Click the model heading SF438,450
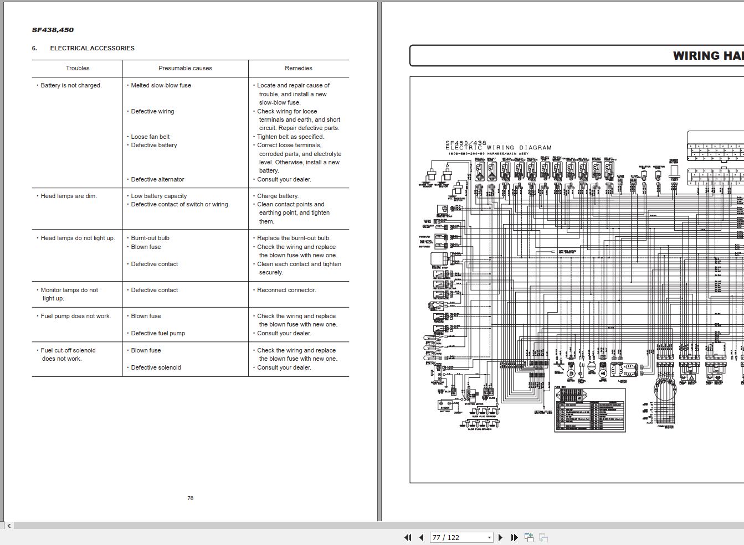tap(53, 30)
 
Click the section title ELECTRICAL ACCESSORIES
tap(92, 48)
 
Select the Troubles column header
tap(78, 68)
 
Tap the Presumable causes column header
tap(185, 68)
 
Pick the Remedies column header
tap(298, 68)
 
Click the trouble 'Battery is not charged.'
tap(71, 85)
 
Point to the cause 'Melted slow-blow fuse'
tap(161, 85)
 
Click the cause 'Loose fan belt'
tap(150, 137)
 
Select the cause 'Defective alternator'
tap(157, 179)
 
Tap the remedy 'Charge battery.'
tap(278, 196)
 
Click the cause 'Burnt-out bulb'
tap(150, 238)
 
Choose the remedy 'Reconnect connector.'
tap(286, 290)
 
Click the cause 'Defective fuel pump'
tap(158, 333)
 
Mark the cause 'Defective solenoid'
tap(156, 367)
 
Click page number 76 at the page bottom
tap(190, 498)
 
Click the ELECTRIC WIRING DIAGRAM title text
tap(498, 148)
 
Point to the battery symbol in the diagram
tap(445, 406)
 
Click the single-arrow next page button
tap(500, 537)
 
